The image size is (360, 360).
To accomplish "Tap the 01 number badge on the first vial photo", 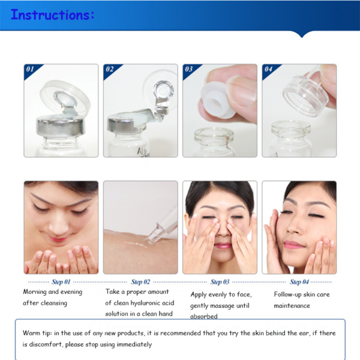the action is click(30, 69).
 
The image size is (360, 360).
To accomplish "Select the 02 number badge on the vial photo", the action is click(110, 69).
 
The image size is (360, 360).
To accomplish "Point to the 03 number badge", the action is click(189, 69).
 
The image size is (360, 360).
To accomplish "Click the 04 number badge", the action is click(268, 69).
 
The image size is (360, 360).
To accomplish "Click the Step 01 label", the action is click(61, 282).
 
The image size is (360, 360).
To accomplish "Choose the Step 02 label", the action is click(140, 282).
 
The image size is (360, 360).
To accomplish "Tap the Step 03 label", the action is click(220, 282).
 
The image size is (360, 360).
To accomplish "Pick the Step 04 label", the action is click(299, 282).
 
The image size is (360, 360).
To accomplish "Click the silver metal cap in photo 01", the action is click(61, 126).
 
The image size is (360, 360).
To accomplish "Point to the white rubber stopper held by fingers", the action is click(217, 100).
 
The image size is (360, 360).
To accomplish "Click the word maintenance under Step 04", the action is click(292, 305).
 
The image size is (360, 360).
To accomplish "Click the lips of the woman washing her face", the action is click(58, 239).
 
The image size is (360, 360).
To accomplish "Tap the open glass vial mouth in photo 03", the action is click(214, 134).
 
